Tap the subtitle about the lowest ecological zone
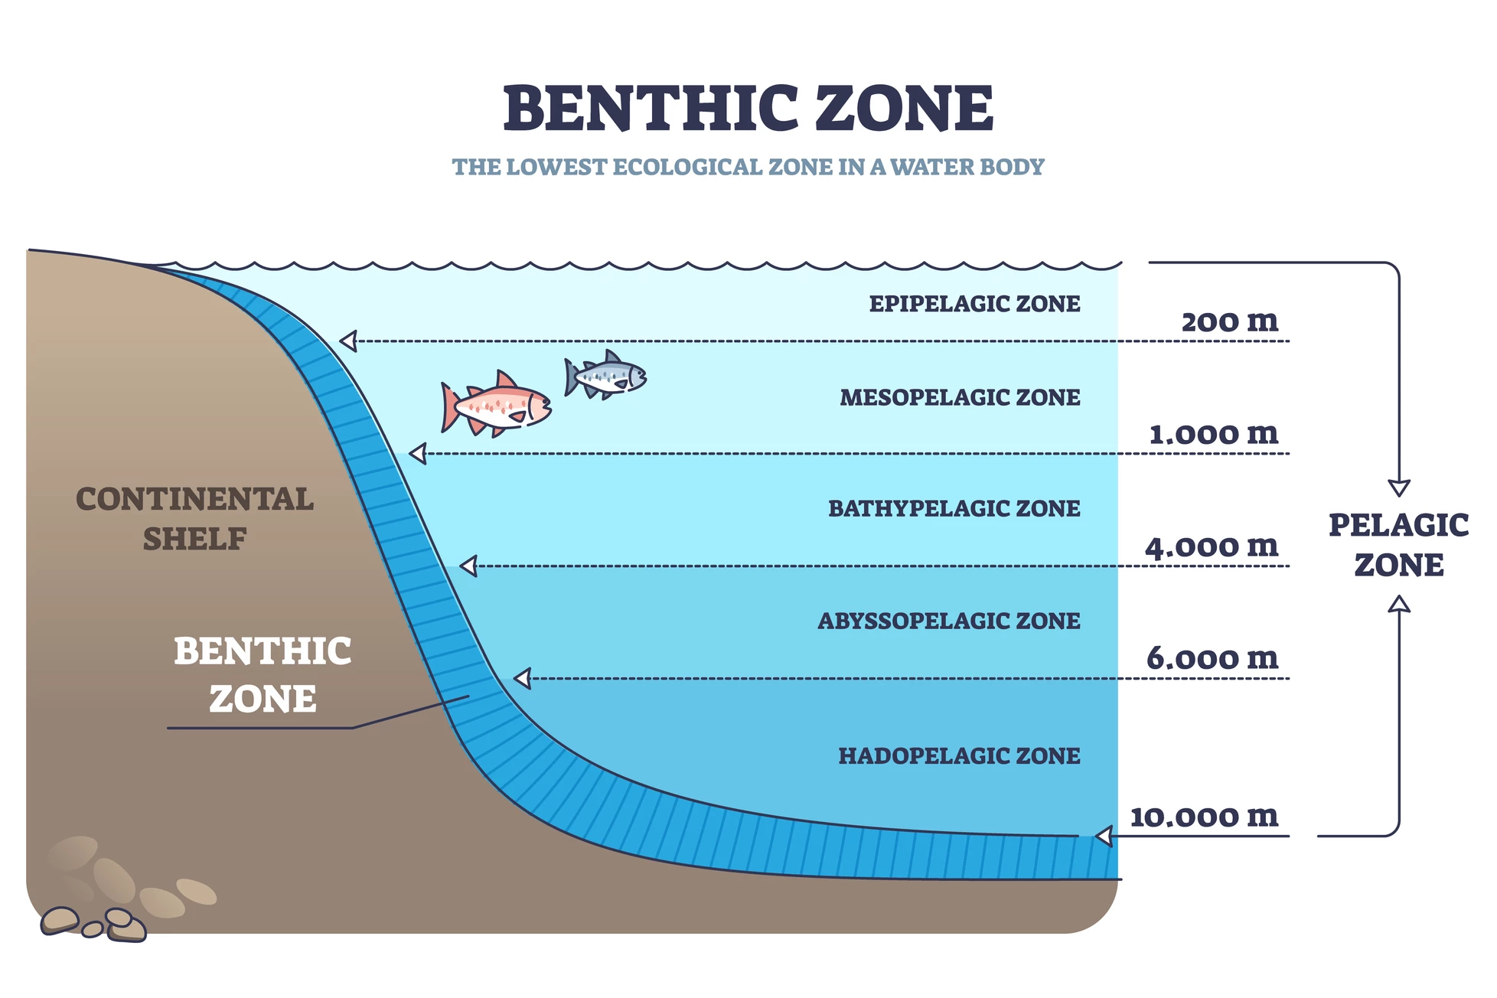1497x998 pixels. (x=748, y=167)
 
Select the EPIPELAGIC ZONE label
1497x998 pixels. (x=974, y=304)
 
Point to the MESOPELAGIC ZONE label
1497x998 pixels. (x=960, y=397)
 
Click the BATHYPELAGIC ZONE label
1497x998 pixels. (x=954, y=508)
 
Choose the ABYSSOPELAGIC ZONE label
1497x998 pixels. (x=949, y=621)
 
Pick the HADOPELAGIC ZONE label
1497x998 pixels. (x=959, y=756)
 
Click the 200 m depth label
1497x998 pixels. (x=1230, y=321)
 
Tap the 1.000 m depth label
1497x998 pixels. (x=1214, y=434)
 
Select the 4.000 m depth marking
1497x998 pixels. (x=1212, y=546)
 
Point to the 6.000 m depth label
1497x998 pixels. (x=1212, y=658)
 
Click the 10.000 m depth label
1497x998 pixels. (x=1204, y=817)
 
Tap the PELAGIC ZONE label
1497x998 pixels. (x=1398, y=545)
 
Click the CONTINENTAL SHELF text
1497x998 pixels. (x=194, y=519)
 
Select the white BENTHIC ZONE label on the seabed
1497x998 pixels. (x=263, y=675)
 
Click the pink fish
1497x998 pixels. (x=496, y=404)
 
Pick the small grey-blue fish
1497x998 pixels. (x=605, y=375)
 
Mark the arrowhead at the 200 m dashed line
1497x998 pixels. (x=348, y=341)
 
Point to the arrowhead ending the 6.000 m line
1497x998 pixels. (x=522, y=678)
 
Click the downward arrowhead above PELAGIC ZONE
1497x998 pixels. (x=1399, y=488)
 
